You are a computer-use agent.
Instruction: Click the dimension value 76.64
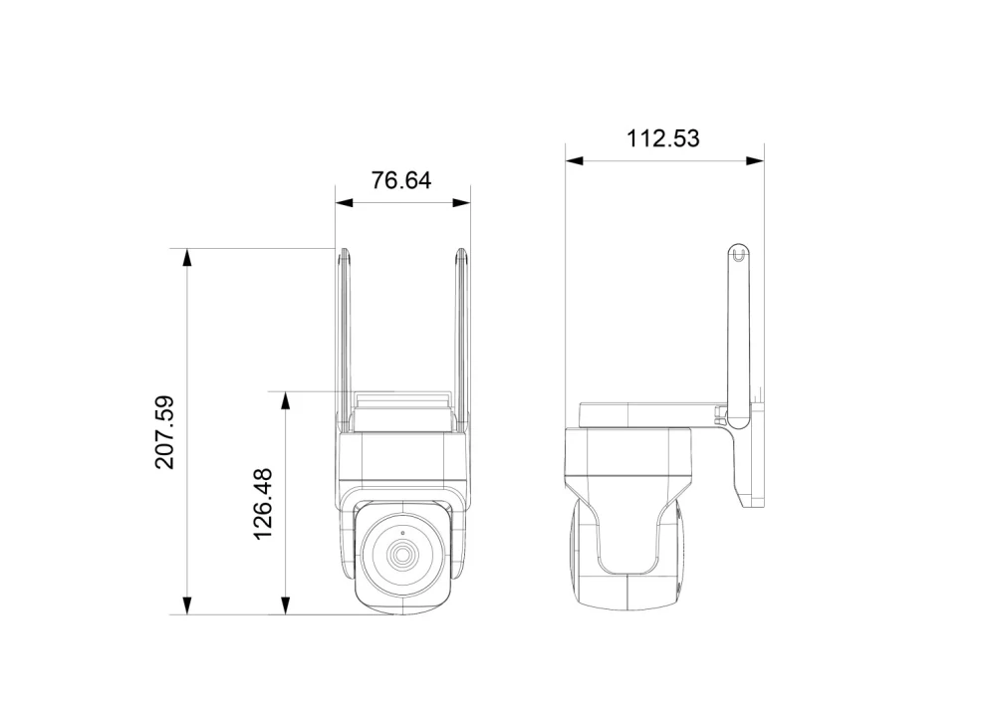(x=401, y=180)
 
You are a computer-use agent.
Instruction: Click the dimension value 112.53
(x=663, y=138)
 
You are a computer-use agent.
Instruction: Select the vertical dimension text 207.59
(x=165, y=432)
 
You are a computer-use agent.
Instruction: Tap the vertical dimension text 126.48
(x=264, y=504)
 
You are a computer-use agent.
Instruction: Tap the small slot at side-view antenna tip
(x=737, y=256)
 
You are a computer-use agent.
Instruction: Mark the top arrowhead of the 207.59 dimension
(x=185, y=257)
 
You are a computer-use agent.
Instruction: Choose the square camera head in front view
(x=402, y=558)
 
